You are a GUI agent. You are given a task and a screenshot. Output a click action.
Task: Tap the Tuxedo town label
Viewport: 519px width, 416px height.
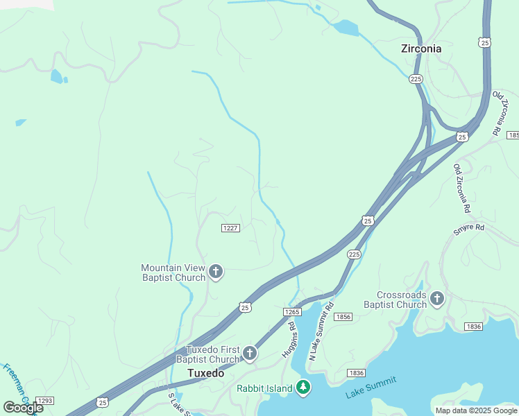pyautogui.click(x=206, y=373)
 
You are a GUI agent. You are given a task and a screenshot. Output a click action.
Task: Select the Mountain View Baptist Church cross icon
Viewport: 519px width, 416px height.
pyautogui.click(x=216, y=272)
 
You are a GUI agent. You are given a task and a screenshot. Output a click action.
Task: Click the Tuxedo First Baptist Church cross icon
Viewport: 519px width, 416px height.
pyautogui.click(x=249, y=354)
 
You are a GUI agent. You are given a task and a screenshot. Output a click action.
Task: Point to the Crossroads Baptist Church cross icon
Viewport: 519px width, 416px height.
pyautogui.click(x=437, y=299)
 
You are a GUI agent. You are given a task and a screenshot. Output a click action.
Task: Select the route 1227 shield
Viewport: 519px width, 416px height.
pyautogui.click(x=230, y=228)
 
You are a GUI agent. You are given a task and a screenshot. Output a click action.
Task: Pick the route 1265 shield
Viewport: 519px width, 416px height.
pyautogui.click(x=292, y=312)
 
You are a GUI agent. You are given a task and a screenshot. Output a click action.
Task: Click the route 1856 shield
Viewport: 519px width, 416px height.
pyautogui.click(x=343, y=317)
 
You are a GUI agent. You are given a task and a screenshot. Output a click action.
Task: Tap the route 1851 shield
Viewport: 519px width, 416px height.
pyautogui.click(x=513, y=135)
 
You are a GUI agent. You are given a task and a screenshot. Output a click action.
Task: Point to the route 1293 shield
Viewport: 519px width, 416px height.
pyautogui.click(x=45, y=401)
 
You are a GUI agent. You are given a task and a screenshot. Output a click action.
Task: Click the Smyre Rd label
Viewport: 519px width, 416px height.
pyautogui.click(x=468, y=227)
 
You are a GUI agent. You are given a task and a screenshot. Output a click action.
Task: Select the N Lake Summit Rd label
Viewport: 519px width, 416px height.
pyautogui.click(x=321, y=331)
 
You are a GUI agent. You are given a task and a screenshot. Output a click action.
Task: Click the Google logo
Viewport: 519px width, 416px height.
pyautogui.click(x=22, y=408)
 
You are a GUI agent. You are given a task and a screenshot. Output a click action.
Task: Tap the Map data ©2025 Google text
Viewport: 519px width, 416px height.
pyautogui.click(x=476, y=410)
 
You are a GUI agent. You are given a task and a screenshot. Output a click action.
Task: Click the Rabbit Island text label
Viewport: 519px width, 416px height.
pyautogui.click(x=264, y=388)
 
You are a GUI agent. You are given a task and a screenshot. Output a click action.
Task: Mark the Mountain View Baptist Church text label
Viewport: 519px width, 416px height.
pyautogui.click(x=173, y=272)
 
